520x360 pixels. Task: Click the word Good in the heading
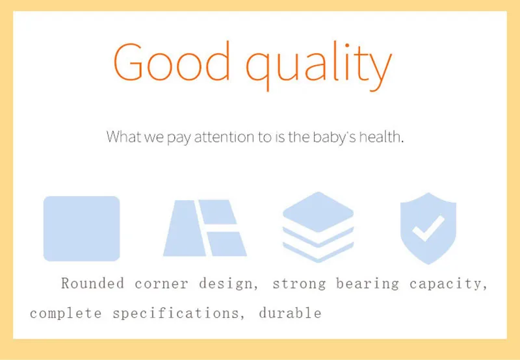pos(172,61)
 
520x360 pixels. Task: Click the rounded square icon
pos(82,228)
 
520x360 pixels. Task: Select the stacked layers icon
pos(318,227)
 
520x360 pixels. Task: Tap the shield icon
pos(428,228)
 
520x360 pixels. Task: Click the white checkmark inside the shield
pos(428,228)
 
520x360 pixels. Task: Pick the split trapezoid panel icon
pos(205,227)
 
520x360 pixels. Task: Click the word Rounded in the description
pos(92,283)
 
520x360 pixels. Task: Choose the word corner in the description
pos(161,285)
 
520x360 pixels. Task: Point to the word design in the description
pos(229,285)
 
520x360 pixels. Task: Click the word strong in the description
pos(299,285)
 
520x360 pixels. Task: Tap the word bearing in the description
pos(367,285)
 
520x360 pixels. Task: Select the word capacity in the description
pos(448,285)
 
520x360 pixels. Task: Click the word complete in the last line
pos(66,313)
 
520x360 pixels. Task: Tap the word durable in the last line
pos(290,313)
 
